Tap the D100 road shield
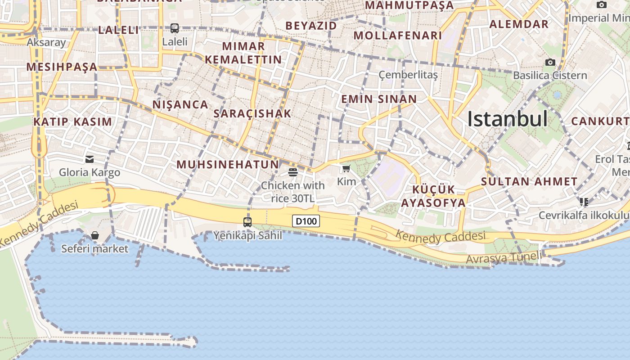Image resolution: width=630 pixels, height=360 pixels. coord(306,221)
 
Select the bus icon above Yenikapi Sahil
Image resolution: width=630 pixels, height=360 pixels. coord(247,222)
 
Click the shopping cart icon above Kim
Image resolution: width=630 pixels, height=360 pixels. coord(346,169)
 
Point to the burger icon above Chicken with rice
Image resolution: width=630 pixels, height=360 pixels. coord(293,172)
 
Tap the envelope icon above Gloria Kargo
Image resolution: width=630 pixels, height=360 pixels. coord(90,159)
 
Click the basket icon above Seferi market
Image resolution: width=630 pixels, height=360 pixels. coord(95,235)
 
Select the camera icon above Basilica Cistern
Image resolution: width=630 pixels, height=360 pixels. coord(550,62)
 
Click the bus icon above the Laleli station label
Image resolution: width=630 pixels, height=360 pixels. coord(175,28)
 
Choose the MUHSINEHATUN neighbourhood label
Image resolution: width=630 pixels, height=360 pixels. coord(228,164)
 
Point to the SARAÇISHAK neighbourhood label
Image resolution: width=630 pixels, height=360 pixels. coord(252,113)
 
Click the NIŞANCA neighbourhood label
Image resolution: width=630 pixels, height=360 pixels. coord(180,105)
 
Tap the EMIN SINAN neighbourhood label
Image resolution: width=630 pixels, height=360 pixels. coord(379,99)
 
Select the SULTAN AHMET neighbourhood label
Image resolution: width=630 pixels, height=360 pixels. coord(529,182)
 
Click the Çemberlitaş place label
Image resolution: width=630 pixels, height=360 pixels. coord(408,75)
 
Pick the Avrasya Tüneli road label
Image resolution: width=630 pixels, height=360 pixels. coord(504,258)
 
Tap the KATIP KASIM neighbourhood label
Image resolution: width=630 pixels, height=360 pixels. coord(72,121)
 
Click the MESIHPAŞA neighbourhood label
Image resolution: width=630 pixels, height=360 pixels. coord(62,67)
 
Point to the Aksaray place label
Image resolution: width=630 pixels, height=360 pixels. coord(46,42)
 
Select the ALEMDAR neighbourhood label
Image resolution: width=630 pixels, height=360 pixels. coord(519,24)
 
